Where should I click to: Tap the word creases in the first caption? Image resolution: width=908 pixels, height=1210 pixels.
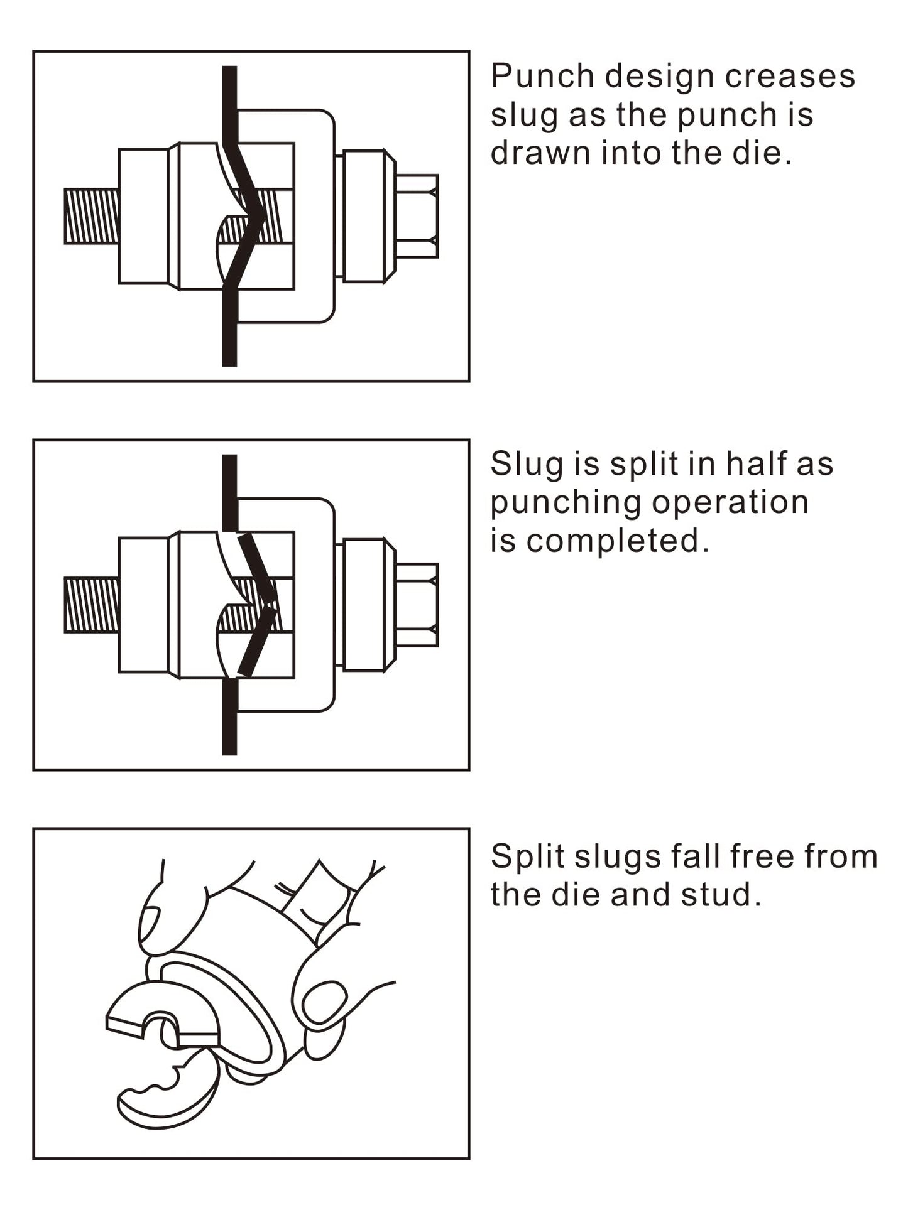[790, 77]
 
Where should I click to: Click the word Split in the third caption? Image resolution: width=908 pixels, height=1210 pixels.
[525, 857]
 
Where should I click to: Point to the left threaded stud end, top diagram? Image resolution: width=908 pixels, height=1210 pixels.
[92, 216]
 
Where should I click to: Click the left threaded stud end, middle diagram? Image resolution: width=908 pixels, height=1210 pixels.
[92, 605]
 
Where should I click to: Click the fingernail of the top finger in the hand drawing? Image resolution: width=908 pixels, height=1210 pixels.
[149, 923]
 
